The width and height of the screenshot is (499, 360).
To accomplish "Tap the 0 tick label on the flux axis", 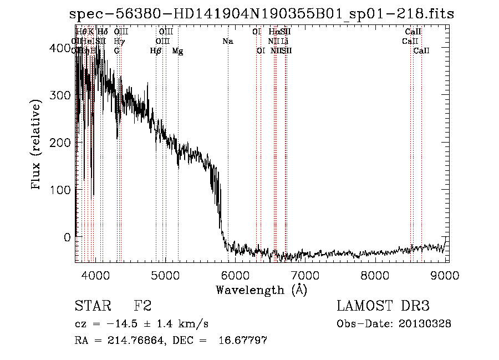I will [x=67, y=237].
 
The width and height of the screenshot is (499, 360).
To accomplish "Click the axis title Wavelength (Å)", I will [x=261, y=289].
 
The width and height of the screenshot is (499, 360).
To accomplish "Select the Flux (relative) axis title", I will [x=37, y=145].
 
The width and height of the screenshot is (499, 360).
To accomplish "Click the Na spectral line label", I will [x=228, y=41].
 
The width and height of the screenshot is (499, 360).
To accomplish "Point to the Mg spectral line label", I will [x=177, y=50].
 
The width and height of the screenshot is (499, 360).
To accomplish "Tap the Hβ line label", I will [x=156, y=50].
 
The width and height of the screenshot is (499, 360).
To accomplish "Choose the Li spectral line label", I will [x=285, y=41].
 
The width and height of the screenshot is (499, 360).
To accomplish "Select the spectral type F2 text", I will [x=142, y=306].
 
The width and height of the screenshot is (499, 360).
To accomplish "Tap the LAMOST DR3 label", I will [x=383, y=306].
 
